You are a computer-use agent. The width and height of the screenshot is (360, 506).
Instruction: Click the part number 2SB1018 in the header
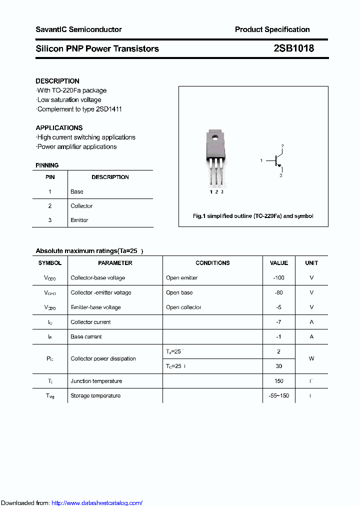point(293,48)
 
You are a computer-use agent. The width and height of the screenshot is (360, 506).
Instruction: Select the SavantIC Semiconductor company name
point(78,29)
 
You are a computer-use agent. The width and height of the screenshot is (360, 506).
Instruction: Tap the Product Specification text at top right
point(272,29)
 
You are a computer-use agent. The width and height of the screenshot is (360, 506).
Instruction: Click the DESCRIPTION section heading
point(57,81)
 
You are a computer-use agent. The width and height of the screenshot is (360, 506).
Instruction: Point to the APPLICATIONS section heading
point(59,127)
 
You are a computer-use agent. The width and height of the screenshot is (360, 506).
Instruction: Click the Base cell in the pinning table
point(77,191)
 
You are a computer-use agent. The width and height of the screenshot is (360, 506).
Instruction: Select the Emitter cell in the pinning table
point(79,220)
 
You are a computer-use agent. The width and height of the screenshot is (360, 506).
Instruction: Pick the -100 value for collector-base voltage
point(278,277)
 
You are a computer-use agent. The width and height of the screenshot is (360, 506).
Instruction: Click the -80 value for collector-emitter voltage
point(278,292)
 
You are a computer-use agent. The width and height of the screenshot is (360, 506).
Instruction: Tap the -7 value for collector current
point(278,322)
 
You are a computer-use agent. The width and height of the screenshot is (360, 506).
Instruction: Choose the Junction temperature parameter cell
point(96,381)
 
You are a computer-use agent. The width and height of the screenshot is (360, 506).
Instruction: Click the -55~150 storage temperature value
point(278,395)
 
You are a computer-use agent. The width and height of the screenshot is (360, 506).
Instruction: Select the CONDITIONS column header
point(212,263)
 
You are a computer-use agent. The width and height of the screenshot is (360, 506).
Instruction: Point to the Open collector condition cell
point(183,307)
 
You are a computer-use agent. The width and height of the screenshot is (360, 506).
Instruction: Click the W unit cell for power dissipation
point(311,358)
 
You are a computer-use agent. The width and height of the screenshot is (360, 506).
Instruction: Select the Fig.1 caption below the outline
point(253,216)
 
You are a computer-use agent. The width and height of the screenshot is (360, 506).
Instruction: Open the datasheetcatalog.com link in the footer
point(97,503)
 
